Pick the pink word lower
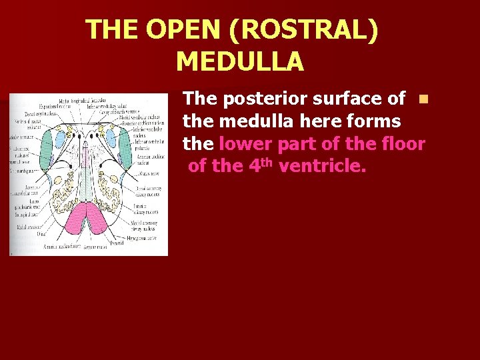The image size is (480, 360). pyautogui.click(x=247, y=144)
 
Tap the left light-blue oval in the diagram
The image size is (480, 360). pyautogui.click(x=59, y=139)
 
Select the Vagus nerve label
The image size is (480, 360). pyautogui.click(x=148, y=173)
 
